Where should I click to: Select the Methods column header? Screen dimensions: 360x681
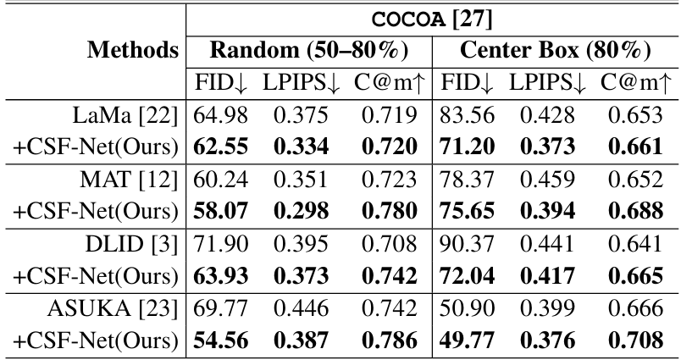coord(133,50)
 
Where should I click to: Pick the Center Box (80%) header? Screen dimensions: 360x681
coord(555,50)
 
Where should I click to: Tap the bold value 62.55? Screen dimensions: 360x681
coord(220,147)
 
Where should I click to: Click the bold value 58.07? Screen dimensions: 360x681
coord(220,213)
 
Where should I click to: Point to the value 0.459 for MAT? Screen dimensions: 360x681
coord(545,181)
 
